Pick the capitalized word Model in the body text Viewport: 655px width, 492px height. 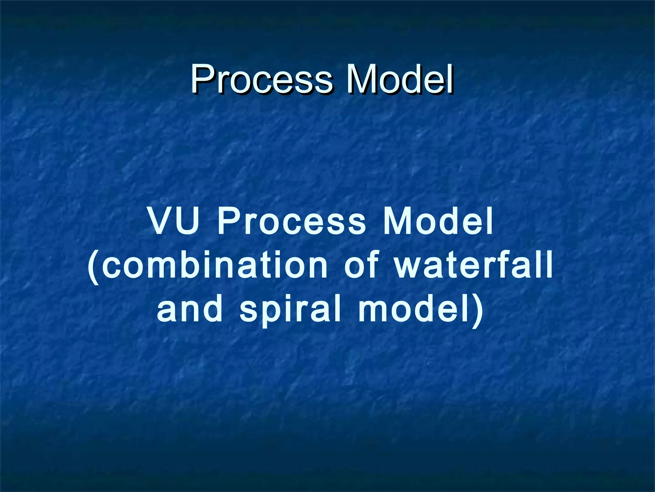(438, 221)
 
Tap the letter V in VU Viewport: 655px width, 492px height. (162, 221)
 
